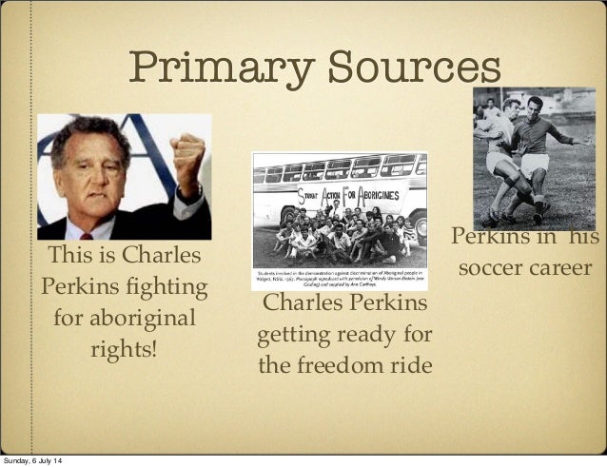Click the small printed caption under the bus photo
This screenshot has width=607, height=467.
[x=340, y=279]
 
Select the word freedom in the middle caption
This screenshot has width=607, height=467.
[x=344, y=366]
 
